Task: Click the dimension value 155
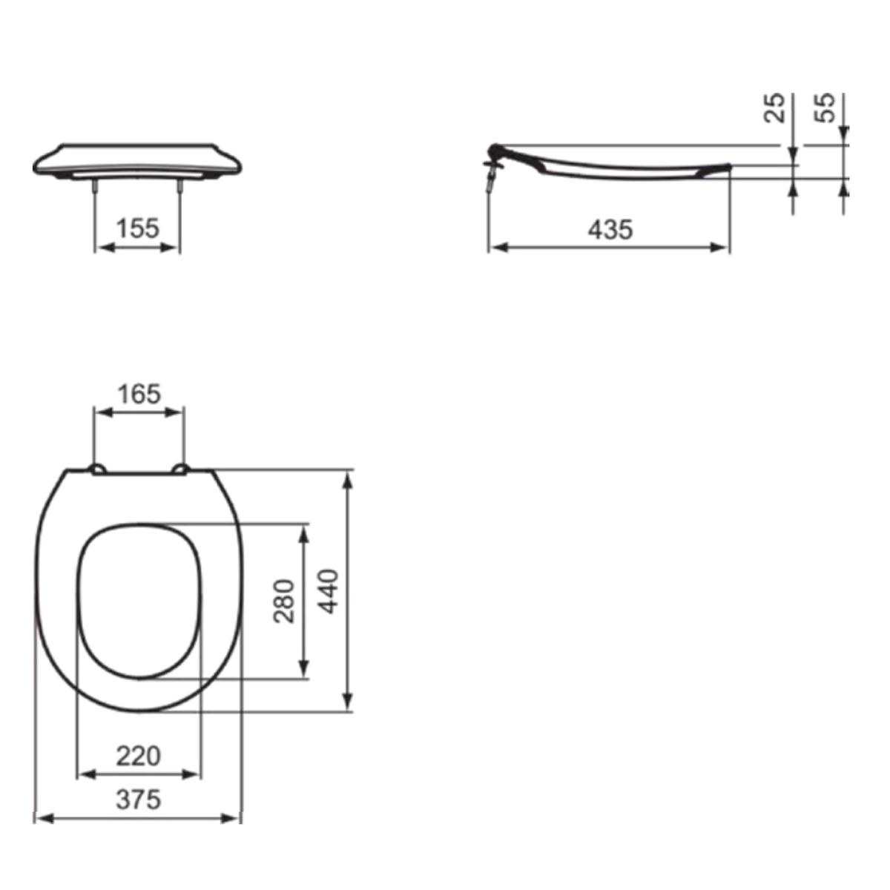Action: [x=138, y=228]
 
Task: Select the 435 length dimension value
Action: [x=610, y=229]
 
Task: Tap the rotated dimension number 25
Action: [x=774, y=108]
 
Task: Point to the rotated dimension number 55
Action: [x=825, y=108]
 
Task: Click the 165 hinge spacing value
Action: [x=139, y=394]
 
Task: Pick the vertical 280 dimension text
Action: [x=284, y=601]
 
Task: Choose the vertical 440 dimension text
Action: [x=329, y=592]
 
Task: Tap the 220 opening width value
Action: [x=138, y=756]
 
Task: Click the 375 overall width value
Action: [x=138, y=800]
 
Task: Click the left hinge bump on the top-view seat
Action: [x=98, y=469]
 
